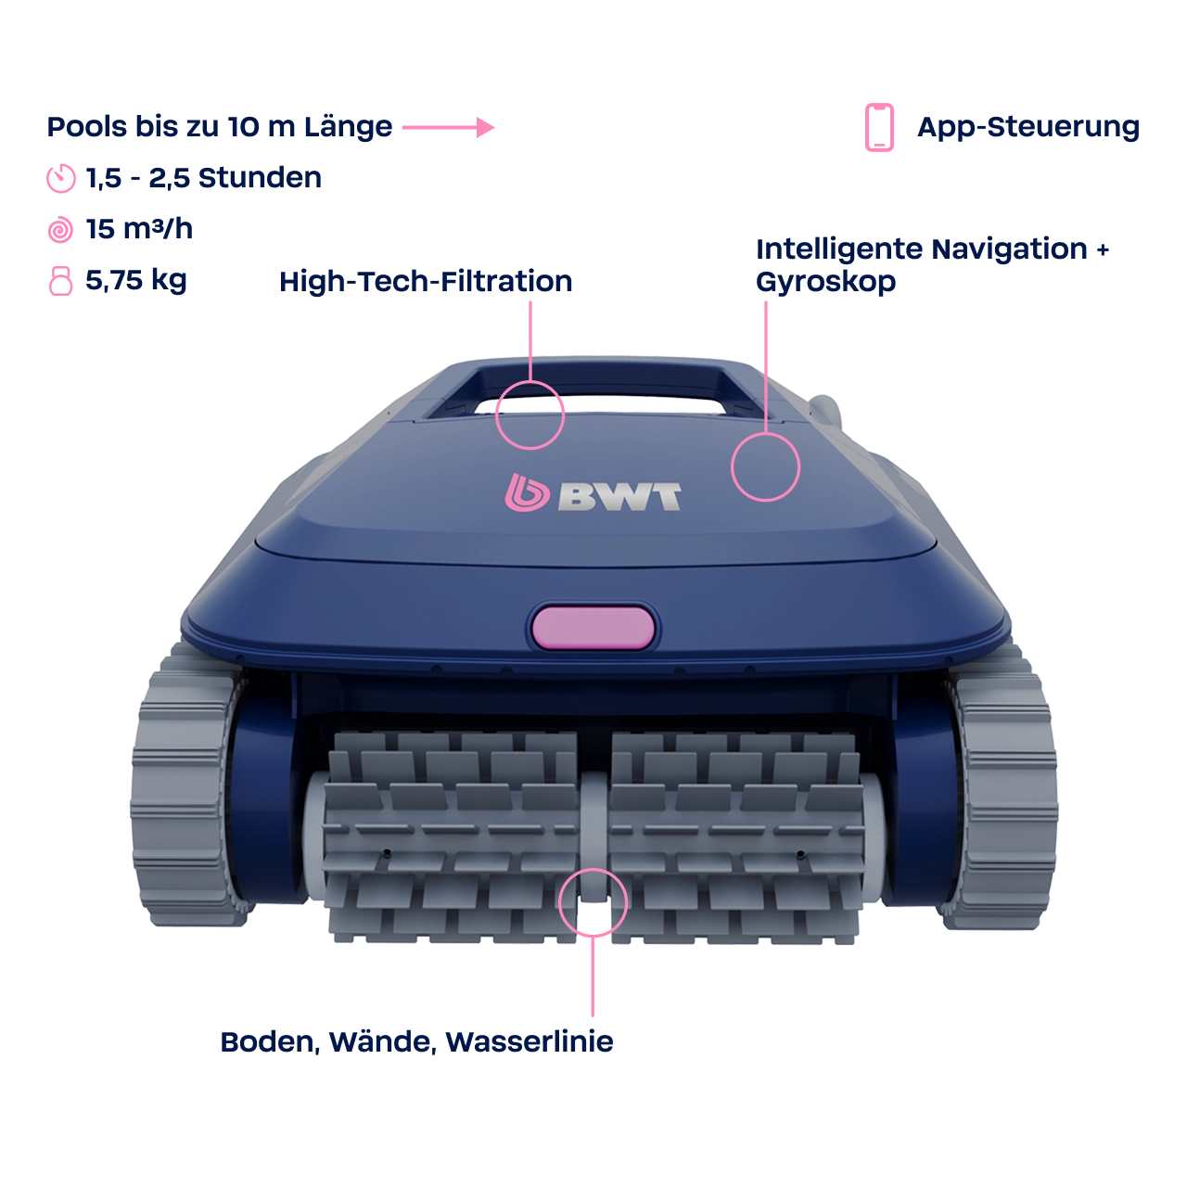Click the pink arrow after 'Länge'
[449, 127]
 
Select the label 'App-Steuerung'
[1028, 127]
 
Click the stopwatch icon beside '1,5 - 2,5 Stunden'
[61, 179]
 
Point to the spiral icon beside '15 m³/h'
[60, 230]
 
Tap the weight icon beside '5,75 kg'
[60, 281]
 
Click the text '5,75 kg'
[136, 281]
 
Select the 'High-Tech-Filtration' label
[426, 282]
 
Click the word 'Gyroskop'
[825, 282]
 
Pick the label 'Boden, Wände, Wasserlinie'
[417, 1041]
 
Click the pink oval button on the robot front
[593, 627]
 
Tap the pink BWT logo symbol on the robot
[527, 492]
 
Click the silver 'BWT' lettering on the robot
[619, 496]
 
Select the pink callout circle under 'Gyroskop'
[733, 466]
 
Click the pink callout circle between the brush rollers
[559, 902]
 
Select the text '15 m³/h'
[139, 229]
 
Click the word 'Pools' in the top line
[87, 127]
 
